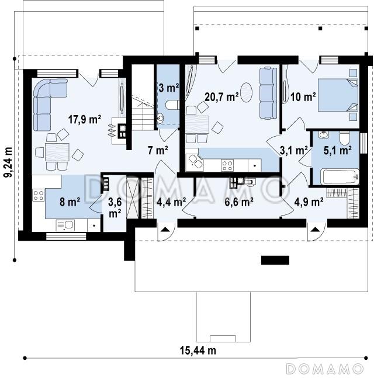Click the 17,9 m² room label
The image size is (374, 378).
click(84, 119)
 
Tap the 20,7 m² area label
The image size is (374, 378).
click(221, 97)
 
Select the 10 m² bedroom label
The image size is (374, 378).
click(303, 97)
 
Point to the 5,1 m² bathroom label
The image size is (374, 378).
click(337, 150)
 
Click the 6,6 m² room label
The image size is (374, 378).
click(239, 202)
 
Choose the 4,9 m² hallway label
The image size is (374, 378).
click(309, 202)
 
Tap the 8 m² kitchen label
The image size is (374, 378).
click(70, 202)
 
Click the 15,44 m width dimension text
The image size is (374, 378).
click(198, 350)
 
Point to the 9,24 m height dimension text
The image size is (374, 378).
click(8, 162)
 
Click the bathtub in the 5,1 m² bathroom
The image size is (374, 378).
click(340, 177)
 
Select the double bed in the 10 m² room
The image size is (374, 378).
click(338, 95)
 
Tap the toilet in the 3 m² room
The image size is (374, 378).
click(172, 105)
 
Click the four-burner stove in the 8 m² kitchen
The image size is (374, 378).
click(39, 195)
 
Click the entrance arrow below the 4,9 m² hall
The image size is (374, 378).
click(314, 229)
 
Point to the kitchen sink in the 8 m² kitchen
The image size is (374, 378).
click(65, 225)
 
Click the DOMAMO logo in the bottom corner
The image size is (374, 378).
click(324, 369)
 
